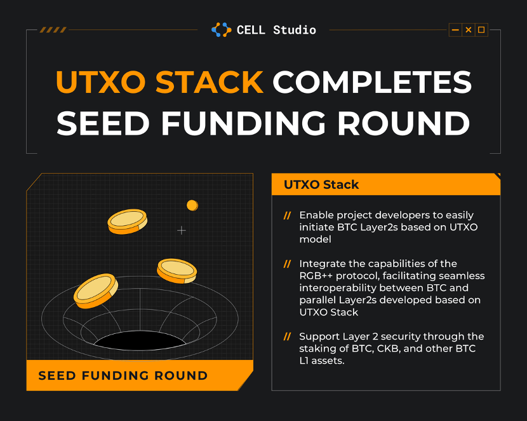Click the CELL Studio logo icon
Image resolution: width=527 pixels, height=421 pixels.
tap(221, 30)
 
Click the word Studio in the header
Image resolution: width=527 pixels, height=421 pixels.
tap(295, 30)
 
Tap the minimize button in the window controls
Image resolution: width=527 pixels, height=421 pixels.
tap(455, 30)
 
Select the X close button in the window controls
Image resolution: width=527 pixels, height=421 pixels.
tap(468, 30)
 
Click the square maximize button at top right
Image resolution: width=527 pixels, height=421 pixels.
tap(481, 30)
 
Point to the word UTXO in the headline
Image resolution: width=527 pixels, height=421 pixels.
tap(101, 82)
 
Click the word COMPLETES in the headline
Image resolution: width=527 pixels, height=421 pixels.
tap(372, 82)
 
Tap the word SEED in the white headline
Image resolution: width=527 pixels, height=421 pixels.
tap(103, 123)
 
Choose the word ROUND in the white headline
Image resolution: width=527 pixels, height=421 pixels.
tap(403, 123)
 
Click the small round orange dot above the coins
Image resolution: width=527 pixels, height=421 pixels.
tap(192, 205)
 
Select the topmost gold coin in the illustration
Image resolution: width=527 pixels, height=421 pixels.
tap(128, 221)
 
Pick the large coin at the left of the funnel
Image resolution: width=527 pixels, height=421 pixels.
tap(96, 291)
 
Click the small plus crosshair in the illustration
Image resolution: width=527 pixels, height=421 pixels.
tap(182, 230)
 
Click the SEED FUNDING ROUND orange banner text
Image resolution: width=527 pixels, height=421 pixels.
tap(123, 376)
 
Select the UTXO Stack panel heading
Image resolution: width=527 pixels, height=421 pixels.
tap(321, 184)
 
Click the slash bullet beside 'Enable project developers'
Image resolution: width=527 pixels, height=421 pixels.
tap(287, 216)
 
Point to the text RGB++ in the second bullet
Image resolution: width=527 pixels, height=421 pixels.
tap(316, 275)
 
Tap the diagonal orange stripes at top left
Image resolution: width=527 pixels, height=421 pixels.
tap(53, 30)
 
